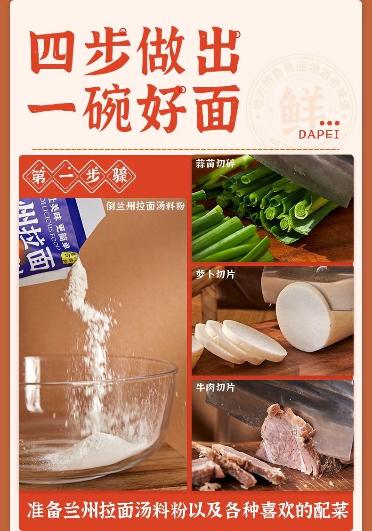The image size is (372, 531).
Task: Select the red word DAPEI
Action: coord(319,135)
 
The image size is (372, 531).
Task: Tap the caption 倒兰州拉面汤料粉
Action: coord(146,206)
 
